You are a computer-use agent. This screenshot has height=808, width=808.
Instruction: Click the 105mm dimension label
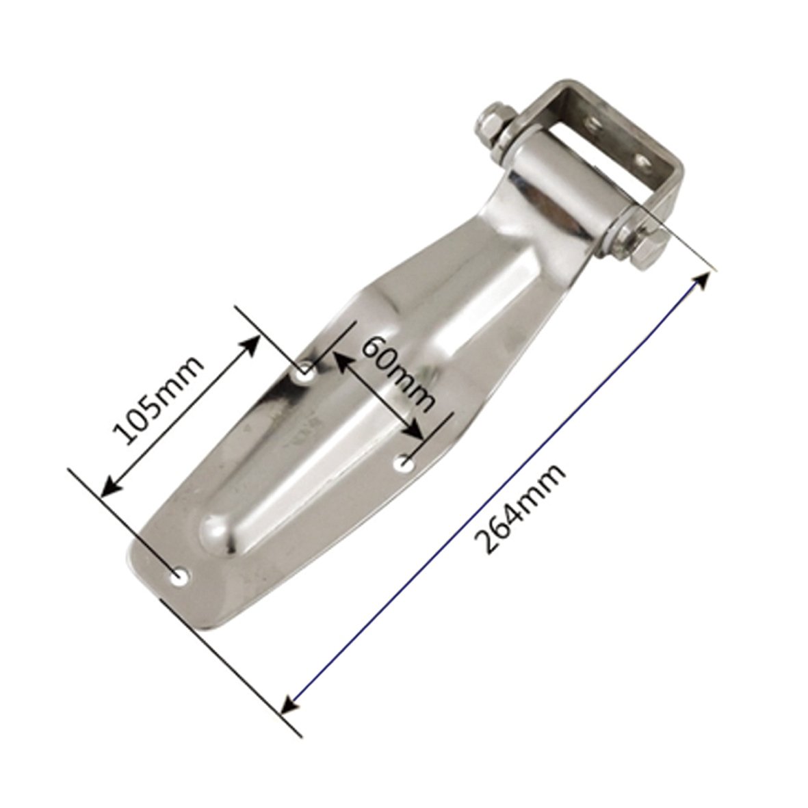click(x=157, y=400)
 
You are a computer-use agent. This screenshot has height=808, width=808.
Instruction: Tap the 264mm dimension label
click(x=519, y=508)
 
